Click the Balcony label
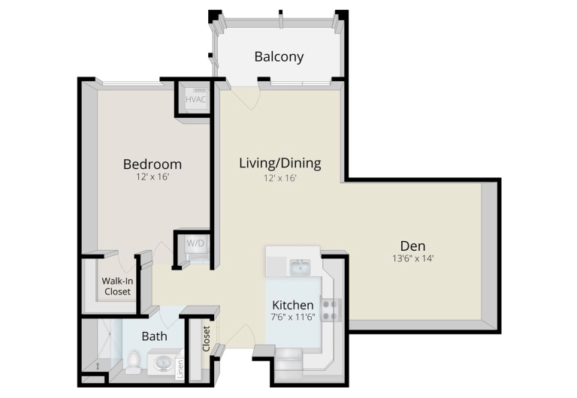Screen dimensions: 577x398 pyautogui.click(x=279, y=56)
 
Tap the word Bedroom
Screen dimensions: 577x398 pyautogui.click(x=153, y=164)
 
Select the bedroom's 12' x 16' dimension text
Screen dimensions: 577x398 pyautogui.click(x=153, y=177)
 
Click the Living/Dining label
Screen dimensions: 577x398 pyautogui.click(x=280, y=163)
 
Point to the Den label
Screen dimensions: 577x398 pyautogui.click(x=413, y=246)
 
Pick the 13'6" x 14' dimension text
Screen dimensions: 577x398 pyautogui.click(x=413, y=258)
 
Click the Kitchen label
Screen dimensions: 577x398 pyautogui.click(x=293, y=305)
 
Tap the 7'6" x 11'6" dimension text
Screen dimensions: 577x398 pyautogui.click(x=293, y=317)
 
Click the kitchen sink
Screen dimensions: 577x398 pyautogui.click(x=301, y=267)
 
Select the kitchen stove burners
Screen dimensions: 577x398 pyautogui.click(x=329, y=310)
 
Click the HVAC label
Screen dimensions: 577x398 pyautogui.click(x=195, y=99)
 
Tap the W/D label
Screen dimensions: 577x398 pyautogui.click(x=195, y=243)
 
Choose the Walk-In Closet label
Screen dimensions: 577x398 pyautogui.click(x=117, y=286)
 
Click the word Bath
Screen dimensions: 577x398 pyautogui.click(x=155, y=336)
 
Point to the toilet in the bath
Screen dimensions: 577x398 pyautogui.click(x=133, y=362)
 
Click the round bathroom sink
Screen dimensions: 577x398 pyautogui.click(x=162, y=364)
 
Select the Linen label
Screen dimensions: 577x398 pyautogui.click(x=180, y=369)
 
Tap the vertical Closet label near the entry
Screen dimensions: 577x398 pyautogui.click(x=206, y=339)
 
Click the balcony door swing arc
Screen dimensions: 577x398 pyautogui.click(x=250, y=98)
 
